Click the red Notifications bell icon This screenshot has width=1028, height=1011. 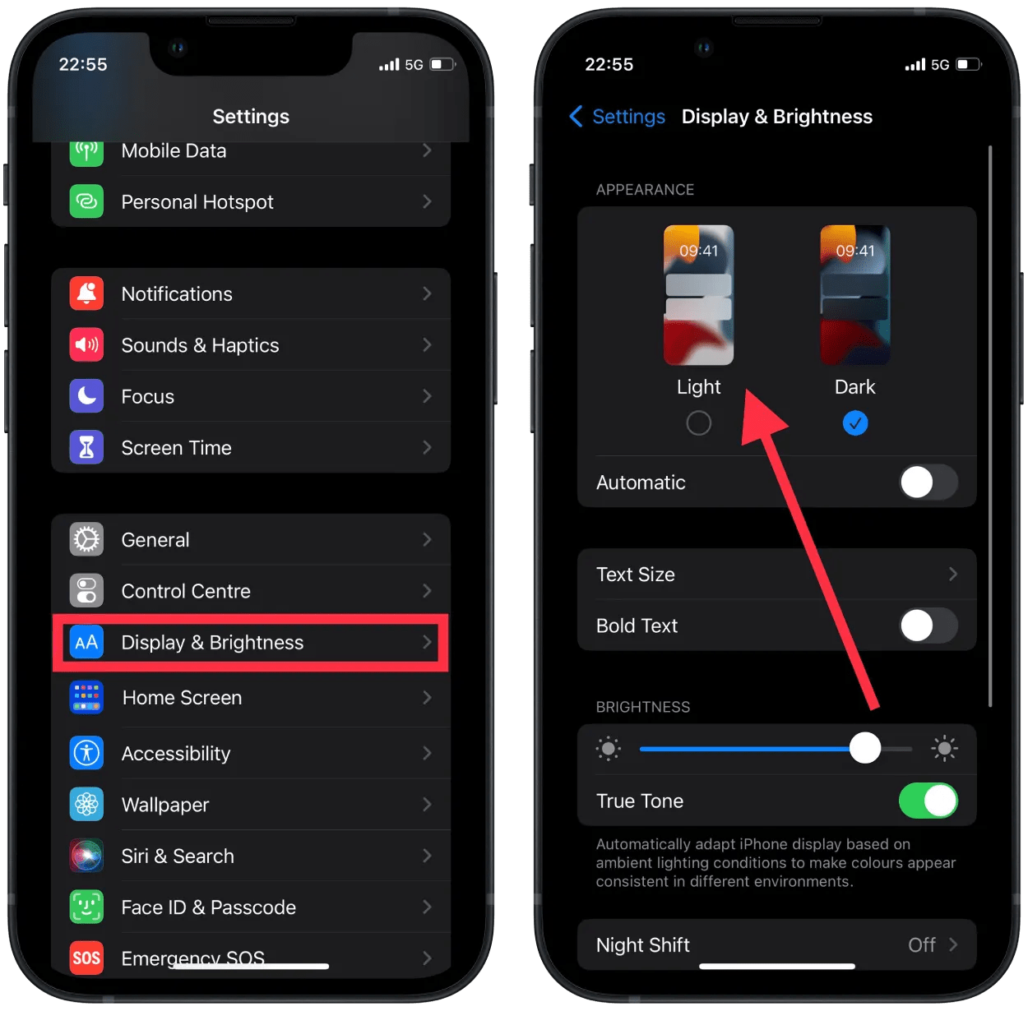pos(86,293)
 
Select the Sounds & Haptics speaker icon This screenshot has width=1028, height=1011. pos(86,345)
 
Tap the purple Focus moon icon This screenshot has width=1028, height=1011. pos(86,396)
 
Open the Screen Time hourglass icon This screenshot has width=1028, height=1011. pos(86,448)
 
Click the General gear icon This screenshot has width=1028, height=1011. pos(86,540)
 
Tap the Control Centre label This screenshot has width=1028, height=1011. pos(186,591)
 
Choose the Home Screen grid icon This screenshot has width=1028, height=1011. pos(86,697)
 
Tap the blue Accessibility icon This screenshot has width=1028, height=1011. pos(86,753)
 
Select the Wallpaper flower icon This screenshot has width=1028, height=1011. pos(86,805)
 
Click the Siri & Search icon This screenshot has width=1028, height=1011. pos(86,856)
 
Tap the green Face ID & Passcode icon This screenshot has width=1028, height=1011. pos(86,907)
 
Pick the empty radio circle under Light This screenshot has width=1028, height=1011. pos(698,423)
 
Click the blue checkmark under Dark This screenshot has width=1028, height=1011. pos(855,423)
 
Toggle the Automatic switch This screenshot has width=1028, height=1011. pos(928,482)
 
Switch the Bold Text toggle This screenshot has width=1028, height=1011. pos(928,626)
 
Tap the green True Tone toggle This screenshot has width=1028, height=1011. pos(928,801)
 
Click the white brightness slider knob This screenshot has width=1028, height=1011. pos(865,748)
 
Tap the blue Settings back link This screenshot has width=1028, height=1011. pos(618,117)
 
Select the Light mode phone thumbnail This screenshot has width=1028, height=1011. pos(698,295)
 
